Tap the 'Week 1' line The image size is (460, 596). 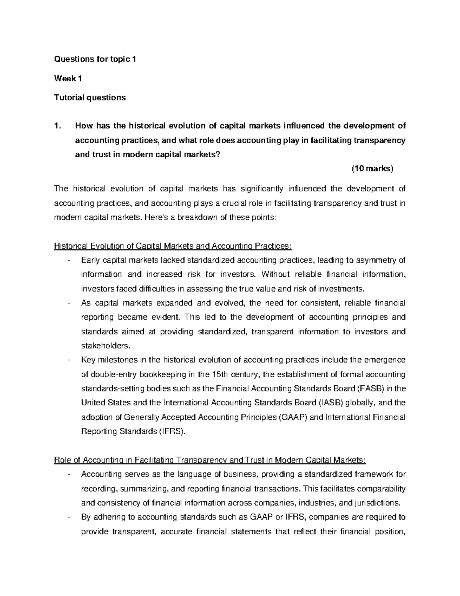(x=68, y=79)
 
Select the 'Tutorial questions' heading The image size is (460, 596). (x=90, y=97)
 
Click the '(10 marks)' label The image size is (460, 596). (x=373, y=169)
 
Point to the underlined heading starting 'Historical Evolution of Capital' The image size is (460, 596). (x=173, y=246)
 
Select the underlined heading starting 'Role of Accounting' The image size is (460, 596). (x=210, y=460)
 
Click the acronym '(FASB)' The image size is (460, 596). (x=369, y=388)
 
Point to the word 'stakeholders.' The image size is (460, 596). (x=106, y=346)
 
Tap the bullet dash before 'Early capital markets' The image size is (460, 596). (x=68, y=261)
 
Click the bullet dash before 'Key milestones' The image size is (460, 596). (x=68, y=360)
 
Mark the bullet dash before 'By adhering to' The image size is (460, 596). (x=68, y=517)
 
